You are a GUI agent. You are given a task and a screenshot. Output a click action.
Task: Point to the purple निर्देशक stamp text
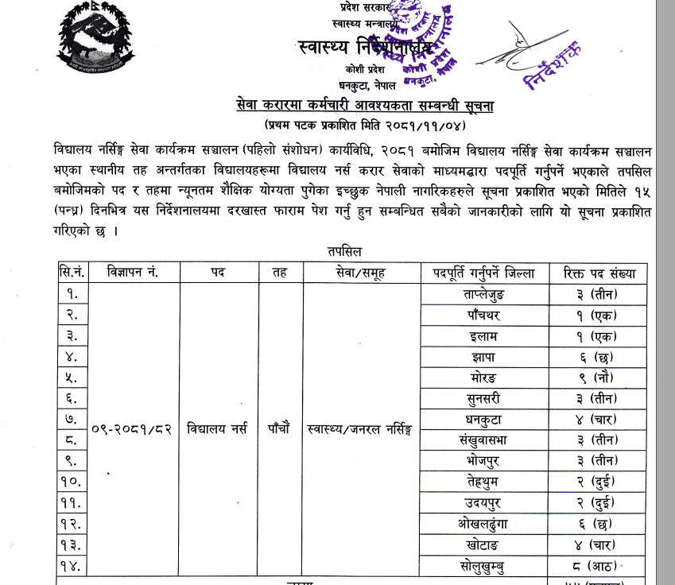click(x=553, y=62)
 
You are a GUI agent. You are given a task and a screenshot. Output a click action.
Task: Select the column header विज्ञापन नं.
click(x=133, y=272)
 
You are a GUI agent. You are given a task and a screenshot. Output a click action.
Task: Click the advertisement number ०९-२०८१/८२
click(x=132, y=429)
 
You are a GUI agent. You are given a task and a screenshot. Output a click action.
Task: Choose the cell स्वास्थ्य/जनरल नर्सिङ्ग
click(x=362, y=429)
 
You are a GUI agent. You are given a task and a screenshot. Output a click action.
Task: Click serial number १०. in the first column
click(x=70, y=481)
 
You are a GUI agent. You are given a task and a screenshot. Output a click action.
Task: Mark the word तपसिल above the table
click(x=343, y=251)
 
